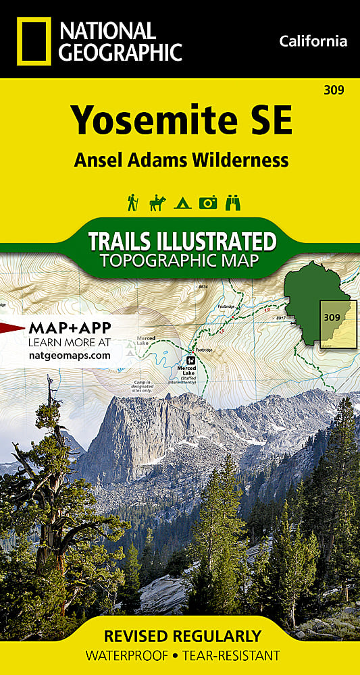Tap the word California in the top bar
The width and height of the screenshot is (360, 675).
(313, 41)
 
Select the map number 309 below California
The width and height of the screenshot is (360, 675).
(335, 88)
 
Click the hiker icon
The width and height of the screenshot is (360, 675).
(133, 202)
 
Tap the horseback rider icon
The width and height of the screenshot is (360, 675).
(157, 202)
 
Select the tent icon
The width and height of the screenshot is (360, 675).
(182, 203)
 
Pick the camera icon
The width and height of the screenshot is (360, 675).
(208, 202)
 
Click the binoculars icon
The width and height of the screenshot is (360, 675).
(233, 202)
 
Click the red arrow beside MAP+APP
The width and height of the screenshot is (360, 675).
(12, 329)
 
